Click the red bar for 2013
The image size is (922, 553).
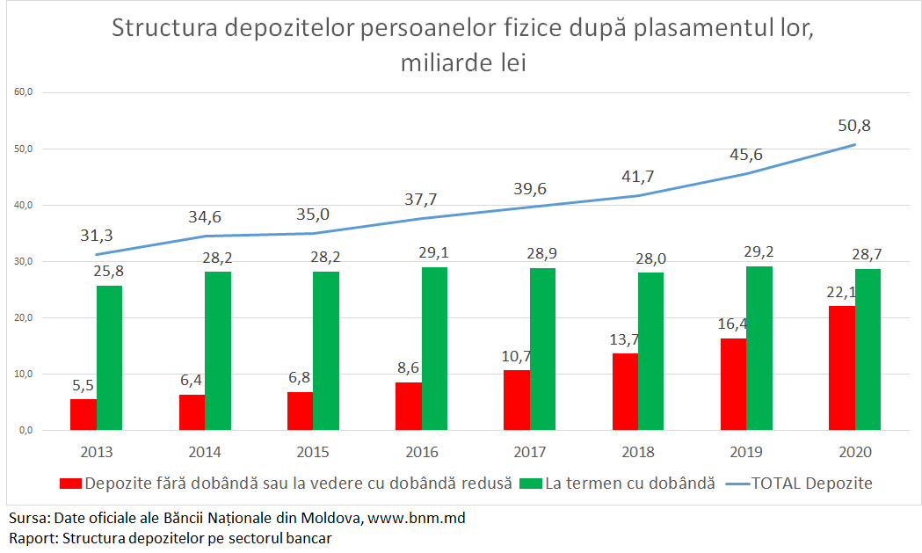pos(83,415)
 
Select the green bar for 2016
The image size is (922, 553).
pos(435,349)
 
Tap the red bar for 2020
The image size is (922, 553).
pos(842,367)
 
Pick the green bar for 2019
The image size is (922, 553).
pos(760,348)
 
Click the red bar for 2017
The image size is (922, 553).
pos(517,400)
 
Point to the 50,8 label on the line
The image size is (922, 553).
pos(853,125)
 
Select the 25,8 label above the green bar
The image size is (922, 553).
pos(110,269)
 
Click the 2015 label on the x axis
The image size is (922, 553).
pos(313,453)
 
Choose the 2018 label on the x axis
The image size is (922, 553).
pos(638,453)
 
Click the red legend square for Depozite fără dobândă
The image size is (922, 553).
pos(70,484)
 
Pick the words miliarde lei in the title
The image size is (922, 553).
pos(462,63)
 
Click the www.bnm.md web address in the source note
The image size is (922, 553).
pos(416,518)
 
